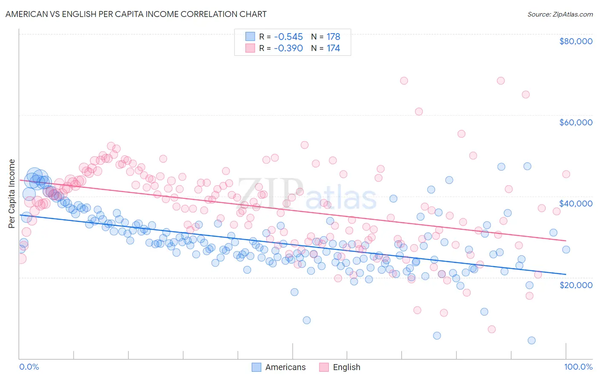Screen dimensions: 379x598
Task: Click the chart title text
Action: [x=136, y=14]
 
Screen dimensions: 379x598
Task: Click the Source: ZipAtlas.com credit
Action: [x=560, y=14]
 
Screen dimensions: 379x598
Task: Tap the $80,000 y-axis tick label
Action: [x=575, y=41]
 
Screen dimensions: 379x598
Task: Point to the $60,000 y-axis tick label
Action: [x=575, y=122]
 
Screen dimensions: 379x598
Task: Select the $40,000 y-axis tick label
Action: [x=575, y=204]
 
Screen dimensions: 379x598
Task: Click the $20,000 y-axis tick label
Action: [x=575, y=285]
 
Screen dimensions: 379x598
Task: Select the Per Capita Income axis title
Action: [x=12, y=193]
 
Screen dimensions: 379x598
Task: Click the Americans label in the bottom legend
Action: [x=285, y=368]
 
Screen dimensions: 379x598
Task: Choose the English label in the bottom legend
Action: [x=346, y=368]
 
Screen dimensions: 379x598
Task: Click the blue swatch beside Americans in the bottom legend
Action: [x=256, y=368]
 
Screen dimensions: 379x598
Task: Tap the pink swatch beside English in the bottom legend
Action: [x=324, y=368]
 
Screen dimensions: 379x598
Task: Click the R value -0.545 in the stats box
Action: [x=288, y=37]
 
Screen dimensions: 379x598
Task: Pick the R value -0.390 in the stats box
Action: [x=288, y=48]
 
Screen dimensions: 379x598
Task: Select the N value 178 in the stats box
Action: [x=333, y=37]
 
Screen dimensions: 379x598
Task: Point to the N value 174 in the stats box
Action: [x=333, y=48]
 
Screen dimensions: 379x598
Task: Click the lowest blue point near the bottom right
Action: [x=531, y=340]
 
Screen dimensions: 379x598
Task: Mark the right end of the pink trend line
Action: [x=566, y=240]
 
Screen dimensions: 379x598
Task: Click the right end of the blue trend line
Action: [x=566, y=274]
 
